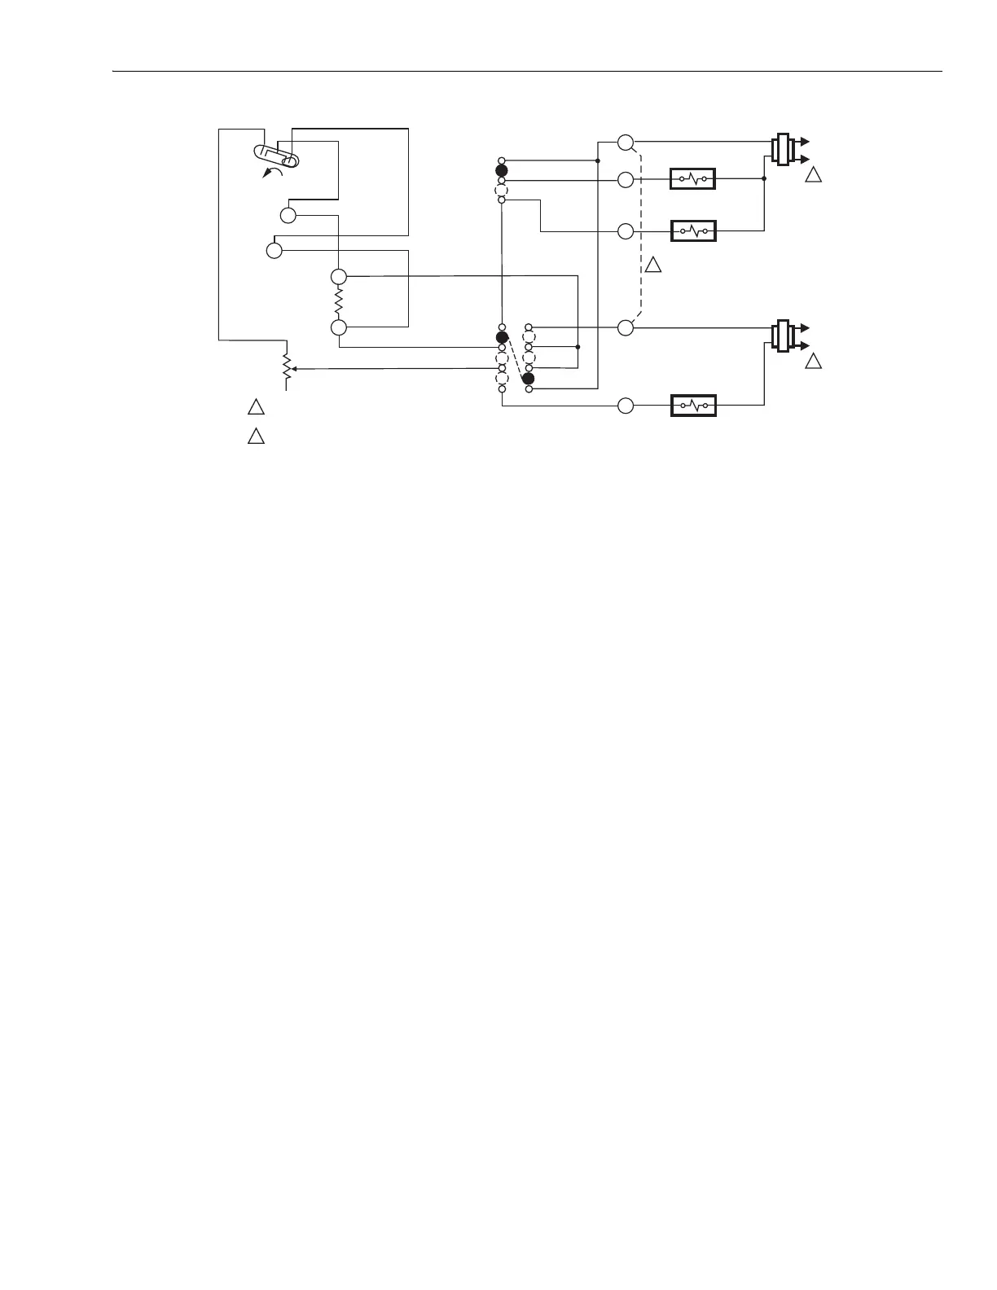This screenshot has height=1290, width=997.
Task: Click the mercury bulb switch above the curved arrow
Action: tap(277, 155)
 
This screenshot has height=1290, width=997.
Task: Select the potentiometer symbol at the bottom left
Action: tap(286, 369)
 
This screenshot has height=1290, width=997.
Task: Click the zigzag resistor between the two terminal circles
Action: tap(339, 302)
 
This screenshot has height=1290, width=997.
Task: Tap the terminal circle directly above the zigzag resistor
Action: tap(339, 277)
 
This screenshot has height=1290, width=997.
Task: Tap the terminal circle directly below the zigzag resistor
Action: tap(339, 327)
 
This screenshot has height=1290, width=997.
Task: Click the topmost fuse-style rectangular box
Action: tap(692, 178)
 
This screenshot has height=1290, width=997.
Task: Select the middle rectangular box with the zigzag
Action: tap(692, 231)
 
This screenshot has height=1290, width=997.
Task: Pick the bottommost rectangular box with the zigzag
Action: tap(692, 405)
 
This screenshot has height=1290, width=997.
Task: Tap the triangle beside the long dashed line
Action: tap(653, 265)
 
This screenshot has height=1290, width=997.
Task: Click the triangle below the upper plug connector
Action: tap(813, 175)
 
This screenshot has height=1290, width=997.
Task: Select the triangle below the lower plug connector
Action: tap(813, 362)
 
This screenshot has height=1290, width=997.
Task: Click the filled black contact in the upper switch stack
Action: tap(502, 171)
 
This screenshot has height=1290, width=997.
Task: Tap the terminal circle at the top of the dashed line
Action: tap(626, 143)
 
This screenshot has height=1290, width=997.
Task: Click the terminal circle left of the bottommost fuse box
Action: tap(626, 406)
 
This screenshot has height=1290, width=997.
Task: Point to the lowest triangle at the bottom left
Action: tap(256, 436)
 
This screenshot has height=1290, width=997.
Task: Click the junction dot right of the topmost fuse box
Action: tap(764, 178)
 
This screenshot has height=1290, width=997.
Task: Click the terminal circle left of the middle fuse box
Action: tap(626, 231)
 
